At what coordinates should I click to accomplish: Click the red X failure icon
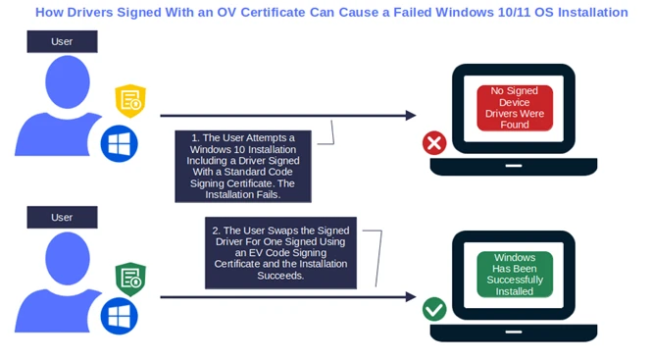[x=433, y=143]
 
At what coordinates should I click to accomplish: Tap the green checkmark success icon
[x=433, y=310]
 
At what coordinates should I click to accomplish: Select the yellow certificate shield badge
[x=129, y=100]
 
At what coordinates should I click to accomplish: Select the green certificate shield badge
[x=129, y=279]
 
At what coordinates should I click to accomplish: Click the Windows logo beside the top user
[x=119, y=144]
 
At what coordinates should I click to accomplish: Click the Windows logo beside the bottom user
[x=119, y=316]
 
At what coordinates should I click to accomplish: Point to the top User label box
[x=62, y=42]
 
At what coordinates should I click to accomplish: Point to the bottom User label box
[x=62, y=217]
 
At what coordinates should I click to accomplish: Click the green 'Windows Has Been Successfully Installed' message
[x=515, y=274]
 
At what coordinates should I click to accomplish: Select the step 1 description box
[x=243, y=165]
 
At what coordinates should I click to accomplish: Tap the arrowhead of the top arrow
[x=411, y=116]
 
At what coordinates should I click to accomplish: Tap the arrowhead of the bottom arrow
[x=411, y=297]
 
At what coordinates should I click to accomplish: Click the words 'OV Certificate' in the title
[x=274, y=13]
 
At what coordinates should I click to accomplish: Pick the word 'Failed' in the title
[x=397, y=13]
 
